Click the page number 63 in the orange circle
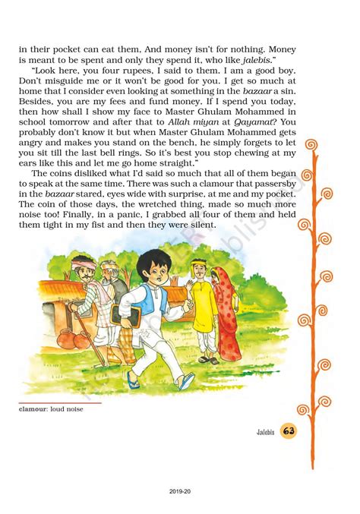pos(289,431)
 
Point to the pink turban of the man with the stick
pos(83,266)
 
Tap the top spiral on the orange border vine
pos(311,144)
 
